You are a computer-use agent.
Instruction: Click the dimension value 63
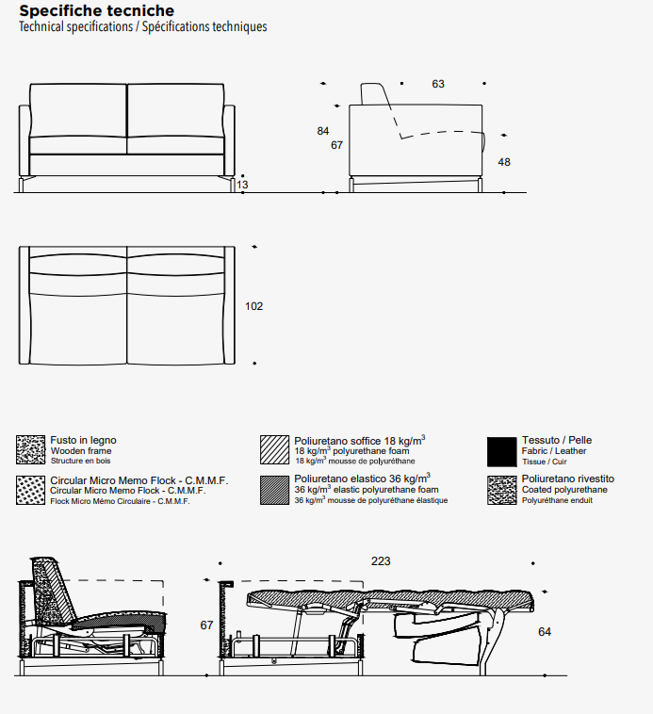click(x=438, y=84)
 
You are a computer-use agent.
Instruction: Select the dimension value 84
click(x=323, y=131)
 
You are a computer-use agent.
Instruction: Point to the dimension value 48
click(x=504, y=162)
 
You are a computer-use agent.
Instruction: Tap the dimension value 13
click(x=243, y=185)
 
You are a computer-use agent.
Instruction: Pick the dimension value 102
click(x=253, y=306)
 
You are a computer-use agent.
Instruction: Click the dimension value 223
click(x=381, y=561)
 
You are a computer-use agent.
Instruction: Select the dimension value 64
click(x=545, y=632)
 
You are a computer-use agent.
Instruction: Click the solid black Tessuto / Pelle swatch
click(x=502, y=451)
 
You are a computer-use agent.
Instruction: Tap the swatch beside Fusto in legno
click(x=31, y=451)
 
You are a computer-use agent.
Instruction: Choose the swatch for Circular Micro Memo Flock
click(x=31, y=491)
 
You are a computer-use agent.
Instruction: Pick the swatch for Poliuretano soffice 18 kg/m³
click(x=275, y=451)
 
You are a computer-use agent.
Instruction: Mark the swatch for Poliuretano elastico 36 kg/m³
click(x=275, y=491)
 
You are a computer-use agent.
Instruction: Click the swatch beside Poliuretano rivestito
click(x=502, y=491)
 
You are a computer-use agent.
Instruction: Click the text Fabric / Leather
click(x=554, y=451)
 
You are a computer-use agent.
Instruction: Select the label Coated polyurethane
click(x=564, y=490)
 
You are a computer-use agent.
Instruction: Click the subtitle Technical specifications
click(x=76, y=26)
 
